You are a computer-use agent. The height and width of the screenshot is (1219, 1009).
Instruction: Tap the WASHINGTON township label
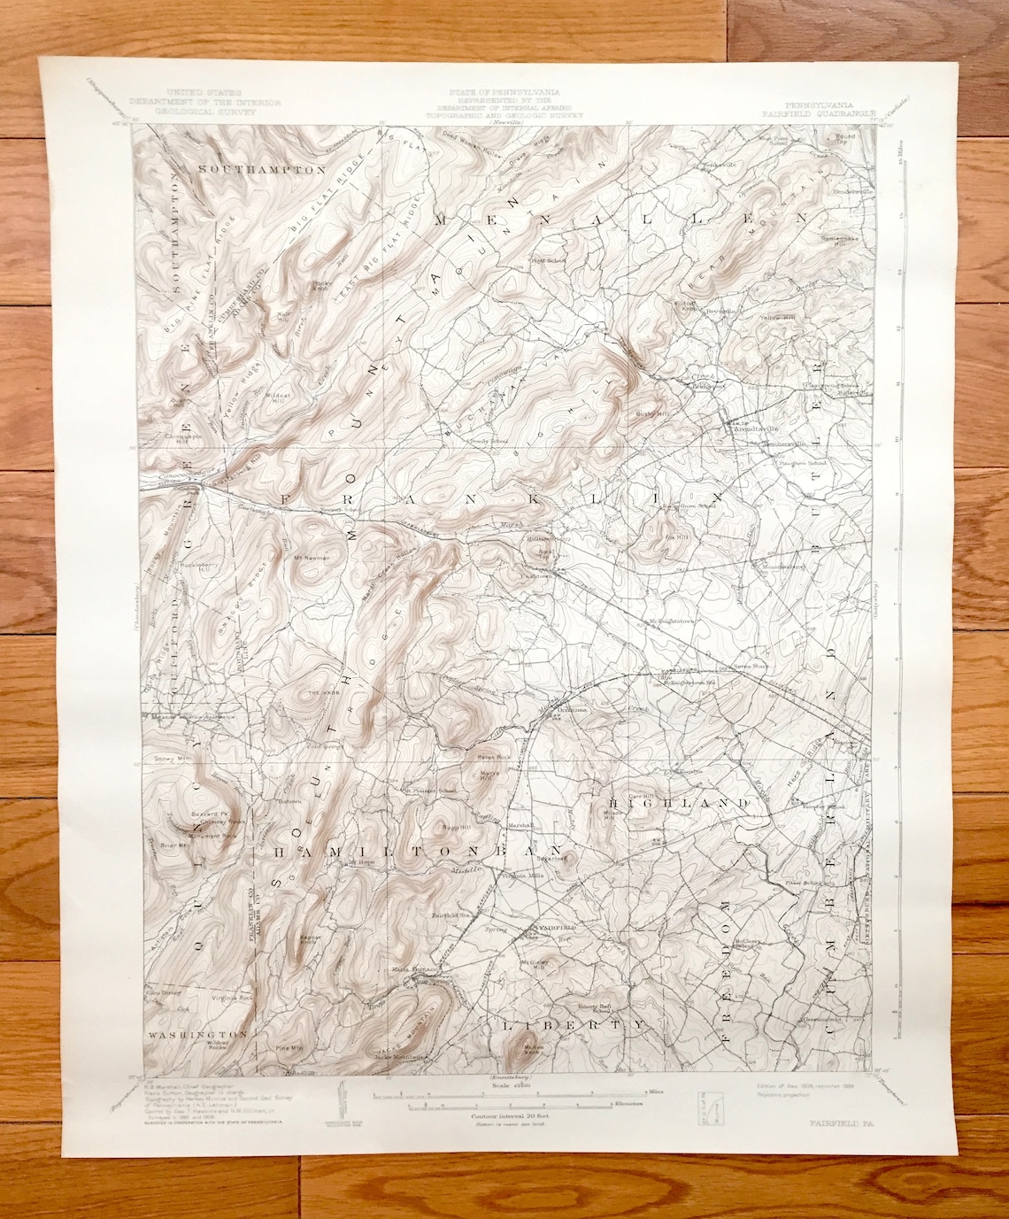pos(190,1033)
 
